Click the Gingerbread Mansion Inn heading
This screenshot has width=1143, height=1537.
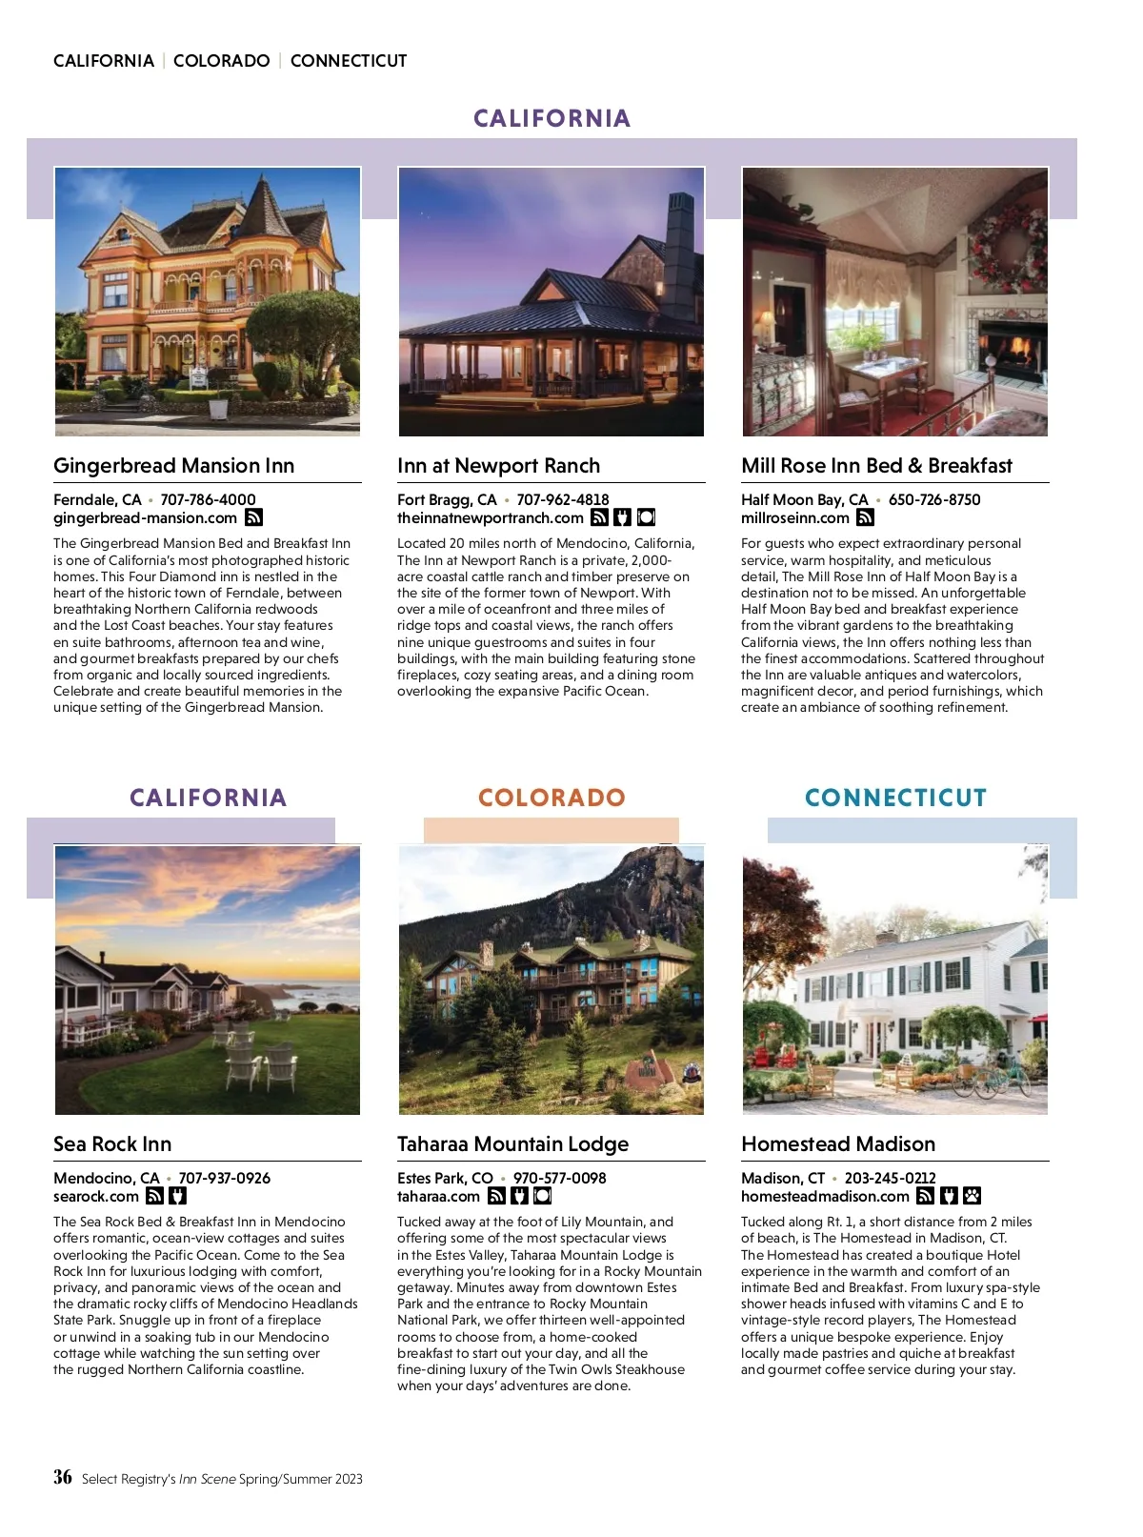[173, 466]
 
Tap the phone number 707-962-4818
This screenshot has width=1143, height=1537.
[562, 499]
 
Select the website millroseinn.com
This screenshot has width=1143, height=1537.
[795, 518]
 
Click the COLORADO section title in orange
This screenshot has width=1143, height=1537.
[551, 798]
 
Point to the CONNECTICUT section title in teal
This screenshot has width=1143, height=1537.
[895, 798]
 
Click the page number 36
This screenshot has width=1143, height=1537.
[63, 1477]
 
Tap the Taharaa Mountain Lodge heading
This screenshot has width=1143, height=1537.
[512, 1144]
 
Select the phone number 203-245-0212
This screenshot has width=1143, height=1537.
[890, 1178]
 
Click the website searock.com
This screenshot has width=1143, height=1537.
[96, 1197]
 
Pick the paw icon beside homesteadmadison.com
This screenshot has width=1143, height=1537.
[973, 1196]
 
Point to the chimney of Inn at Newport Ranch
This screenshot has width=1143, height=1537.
[681, 248]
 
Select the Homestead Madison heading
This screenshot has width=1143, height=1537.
[838, 1144]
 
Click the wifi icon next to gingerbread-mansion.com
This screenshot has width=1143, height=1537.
[253, 517]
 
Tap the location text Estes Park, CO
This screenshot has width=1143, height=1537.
[445, 1178]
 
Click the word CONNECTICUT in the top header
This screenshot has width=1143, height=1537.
[349, 61]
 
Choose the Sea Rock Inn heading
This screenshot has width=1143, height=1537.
[112, 1144]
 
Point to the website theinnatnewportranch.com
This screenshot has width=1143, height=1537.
[490, 518]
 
